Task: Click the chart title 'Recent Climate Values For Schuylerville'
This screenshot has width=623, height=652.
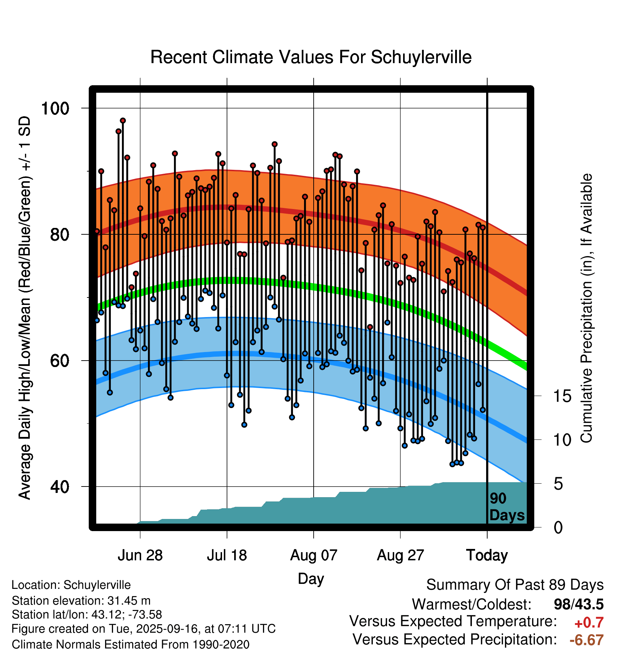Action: point(311,57)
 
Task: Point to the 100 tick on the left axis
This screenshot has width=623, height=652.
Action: point(55,108)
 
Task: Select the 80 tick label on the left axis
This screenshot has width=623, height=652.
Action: point(60,235)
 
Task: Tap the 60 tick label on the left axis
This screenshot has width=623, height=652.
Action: point(60,361)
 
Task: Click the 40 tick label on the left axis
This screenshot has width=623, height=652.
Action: point(60,487)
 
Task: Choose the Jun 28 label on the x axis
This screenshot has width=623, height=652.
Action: point(140,555)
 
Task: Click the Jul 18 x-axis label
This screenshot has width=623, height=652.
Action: point(227,555)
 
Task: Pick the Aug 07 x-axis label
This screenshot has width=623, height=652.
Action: point(314,555)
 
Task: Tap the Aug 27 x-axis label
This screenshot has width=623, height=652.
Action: point(400,555)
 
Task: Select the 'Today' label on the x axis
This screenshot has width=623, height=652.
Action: point(487,555)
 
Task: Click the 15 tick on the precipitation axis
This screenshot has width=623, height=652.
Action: point(562,396)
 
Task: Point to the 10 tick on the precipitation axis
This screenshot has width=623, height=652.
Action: point(562,440)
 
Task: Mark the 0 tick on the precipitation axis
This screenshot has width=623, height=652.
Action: point(558,528)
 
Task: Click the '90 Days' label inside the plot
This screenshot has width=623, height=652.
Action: point(506,507)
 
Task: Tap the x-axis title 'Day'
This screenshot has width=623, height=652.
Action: point(311,579)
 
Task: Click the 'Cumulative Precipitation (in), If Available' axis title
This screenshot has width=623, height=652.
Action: point(586,308)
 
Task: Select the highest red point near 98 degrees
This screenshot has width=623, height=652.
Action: point(123,121)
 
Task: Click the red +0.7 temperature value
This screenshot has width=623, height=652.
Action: point(589,623)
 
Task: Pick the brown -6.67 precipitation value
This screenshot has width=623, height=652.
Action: point(586,640)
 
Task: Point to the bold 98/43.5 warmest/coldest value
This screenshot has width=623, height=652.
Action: point(578,604)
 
